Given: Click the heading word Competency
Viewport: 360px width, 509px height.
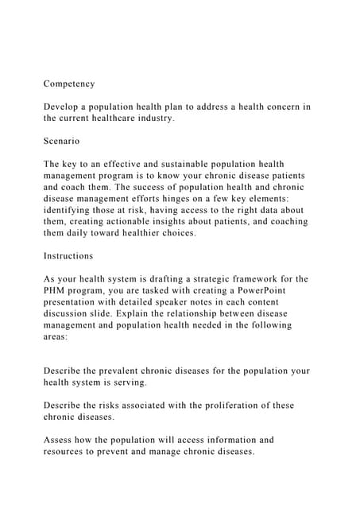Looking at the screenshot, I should (69, 84).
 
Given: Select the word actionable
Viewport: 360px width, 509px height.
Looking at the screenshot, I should (133, 221).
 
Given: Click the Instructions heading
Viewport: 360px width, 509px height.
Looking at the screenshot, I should (68, 256).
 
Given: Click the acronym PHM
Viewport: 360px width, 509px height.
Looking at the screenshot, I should (56, 290).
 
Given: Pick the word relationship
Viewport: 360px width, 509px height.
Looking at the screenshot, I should (202, 313).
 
